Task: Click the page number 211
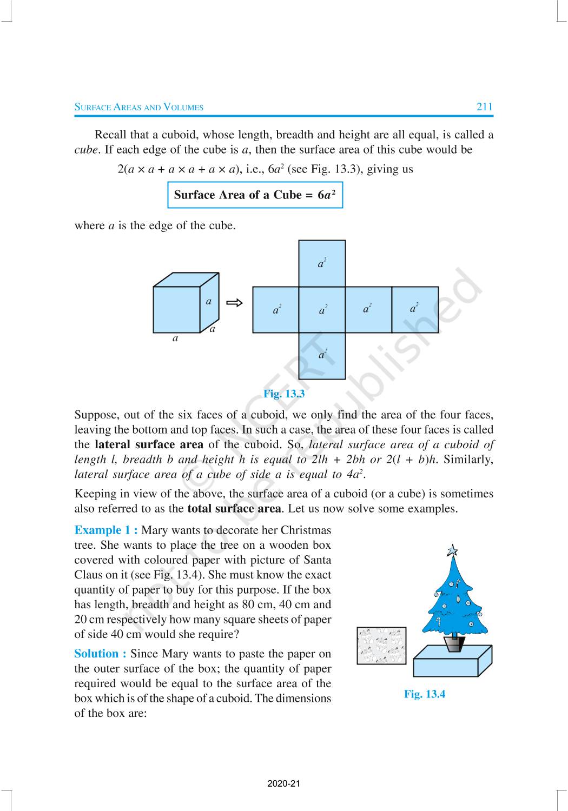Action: pos(484,107)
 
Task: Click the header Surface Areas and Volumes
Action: pos(138,107)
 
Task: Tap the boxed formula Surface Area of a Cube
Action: pos(255,195)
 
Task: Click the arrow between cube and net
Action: pos(234,303)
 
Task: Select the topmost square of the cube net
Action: pos(322,263)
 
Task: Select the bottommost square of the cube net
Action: pos(322,356)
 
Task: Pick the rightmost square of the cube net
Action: pos(415,309)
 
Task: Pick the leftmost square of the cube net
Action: pos(276,309)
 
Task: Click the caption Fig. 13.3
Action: pos(284,394)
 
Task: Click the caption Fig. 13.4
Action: pos(425,694)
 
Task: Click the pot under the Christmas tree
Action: pos(454,643)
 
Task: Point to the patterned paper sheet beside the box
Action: pos(381,646)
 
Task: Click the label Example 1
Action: pos(106,530)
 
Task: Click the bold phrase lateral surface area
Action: pos(149,445)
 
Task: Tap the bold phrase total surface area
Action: pos(234,508)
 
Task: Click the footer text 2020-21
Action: pos(283,783)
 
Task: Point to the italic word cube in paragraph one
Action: pos(86,150)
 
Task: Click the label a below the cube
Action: pos(175,339)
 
